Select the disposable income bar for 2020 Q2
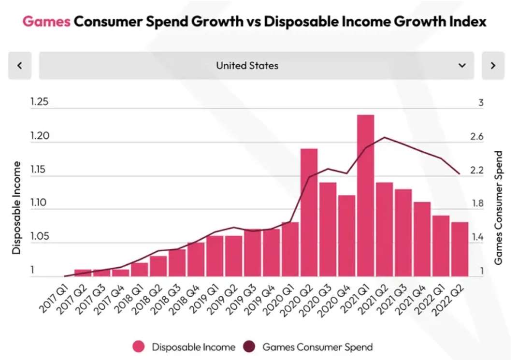[x=309, y=213]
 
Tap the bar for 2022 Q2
[x=460, y=249]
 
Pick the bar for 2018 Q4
[x=196, y=259]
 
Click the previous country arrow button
[x=20, y=66]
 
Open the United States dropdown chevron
[x=462, y=66]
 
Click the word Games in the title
[x=46, y=22]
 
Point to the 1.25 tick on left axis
[x=39, y=102]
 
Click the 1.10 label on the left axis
[x=39, y=203]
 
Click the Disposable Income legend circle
[x=139, y=347]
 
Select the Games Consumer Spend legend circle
[x=250, y=347]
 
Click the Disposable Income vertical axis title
[x=17, y=208]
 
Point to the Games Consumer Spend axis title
[x=499, y=208]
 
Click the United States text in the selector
[x=247, y=66]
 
